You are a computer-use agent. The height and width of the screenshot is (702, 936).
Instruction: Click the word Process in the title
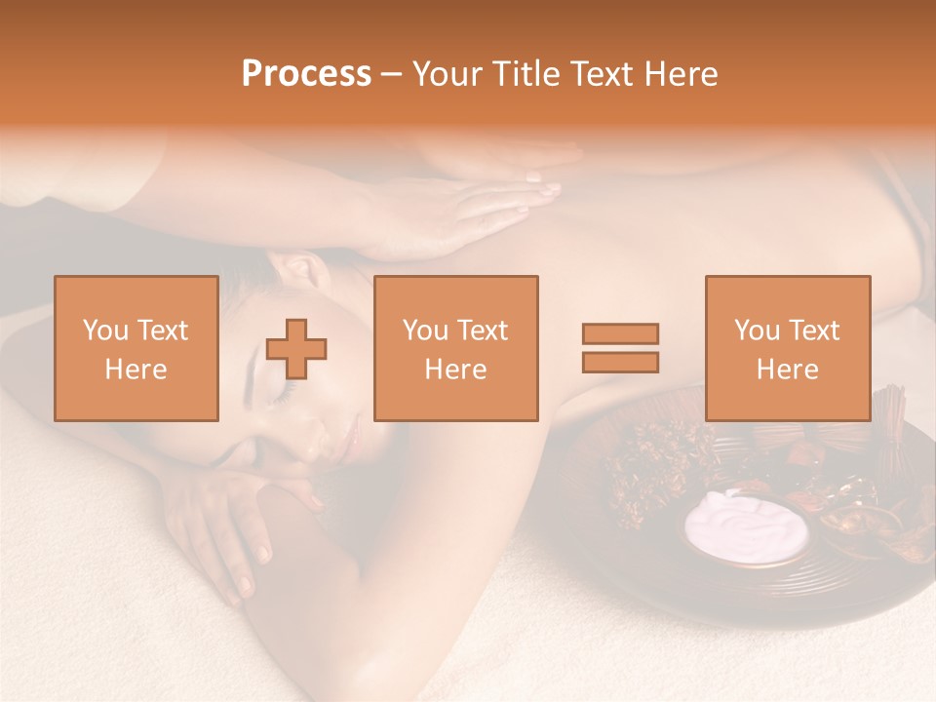(306, 74)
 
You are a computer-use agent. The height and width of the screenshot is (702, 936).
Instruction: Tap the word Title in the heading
(526, 74)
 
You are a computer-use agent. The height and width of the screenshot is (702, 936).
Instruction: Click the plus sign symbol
(296, 349)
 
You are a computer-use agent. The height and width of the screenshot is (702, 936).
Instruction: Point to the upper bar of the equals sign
(620, 333)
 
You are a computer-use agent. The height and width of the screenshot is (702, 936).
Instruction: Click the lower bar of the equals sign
(620, 363)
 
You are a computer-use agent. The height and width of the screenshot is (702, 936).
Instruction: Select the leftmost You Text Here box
(136, 349)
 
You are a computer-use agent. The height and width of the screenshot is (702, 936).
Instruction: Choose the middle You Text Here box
(456, 349)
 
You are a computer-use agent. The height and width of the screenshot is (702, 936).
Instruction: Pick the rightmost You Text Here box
(788, 349)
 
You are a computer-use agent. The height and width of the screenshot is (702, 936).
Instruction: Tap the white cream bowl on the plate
(747, 526)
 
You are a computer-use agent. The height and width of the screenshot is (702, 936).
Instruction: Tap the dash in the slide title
(392, 75)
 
